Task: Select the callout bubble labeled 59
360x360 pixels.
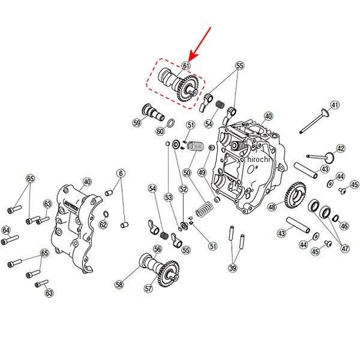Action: [x=137, y=123]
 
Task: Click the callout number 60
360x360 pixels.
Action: [x=160, y=131]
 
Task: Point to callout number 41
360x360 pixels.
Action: [x=335, y=105]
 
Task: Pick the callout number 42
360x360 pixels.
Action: [x=340, y=148]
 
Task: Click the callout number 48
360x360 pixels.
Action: [x=272, y=207]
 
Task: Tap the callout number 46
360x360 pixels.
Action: [x=344, y=226]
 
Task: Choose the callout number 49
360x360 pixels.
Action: [x=202, y=172]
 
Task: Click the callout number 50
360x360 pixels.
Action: [x=187, y=172]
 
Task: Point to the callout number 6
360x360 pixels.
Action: [x=121, y=173]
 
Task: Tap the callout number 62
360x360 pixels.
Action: [x=103, y=225]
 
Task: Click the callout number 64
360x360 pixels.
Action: [x=7, y=229]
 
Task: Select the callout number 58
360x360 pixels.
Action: [x=119, y=285]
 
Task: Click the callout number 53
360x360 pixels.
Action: [x=169, y=197]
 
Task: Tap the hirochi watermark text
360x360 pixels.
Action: [x=259, y=160]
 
